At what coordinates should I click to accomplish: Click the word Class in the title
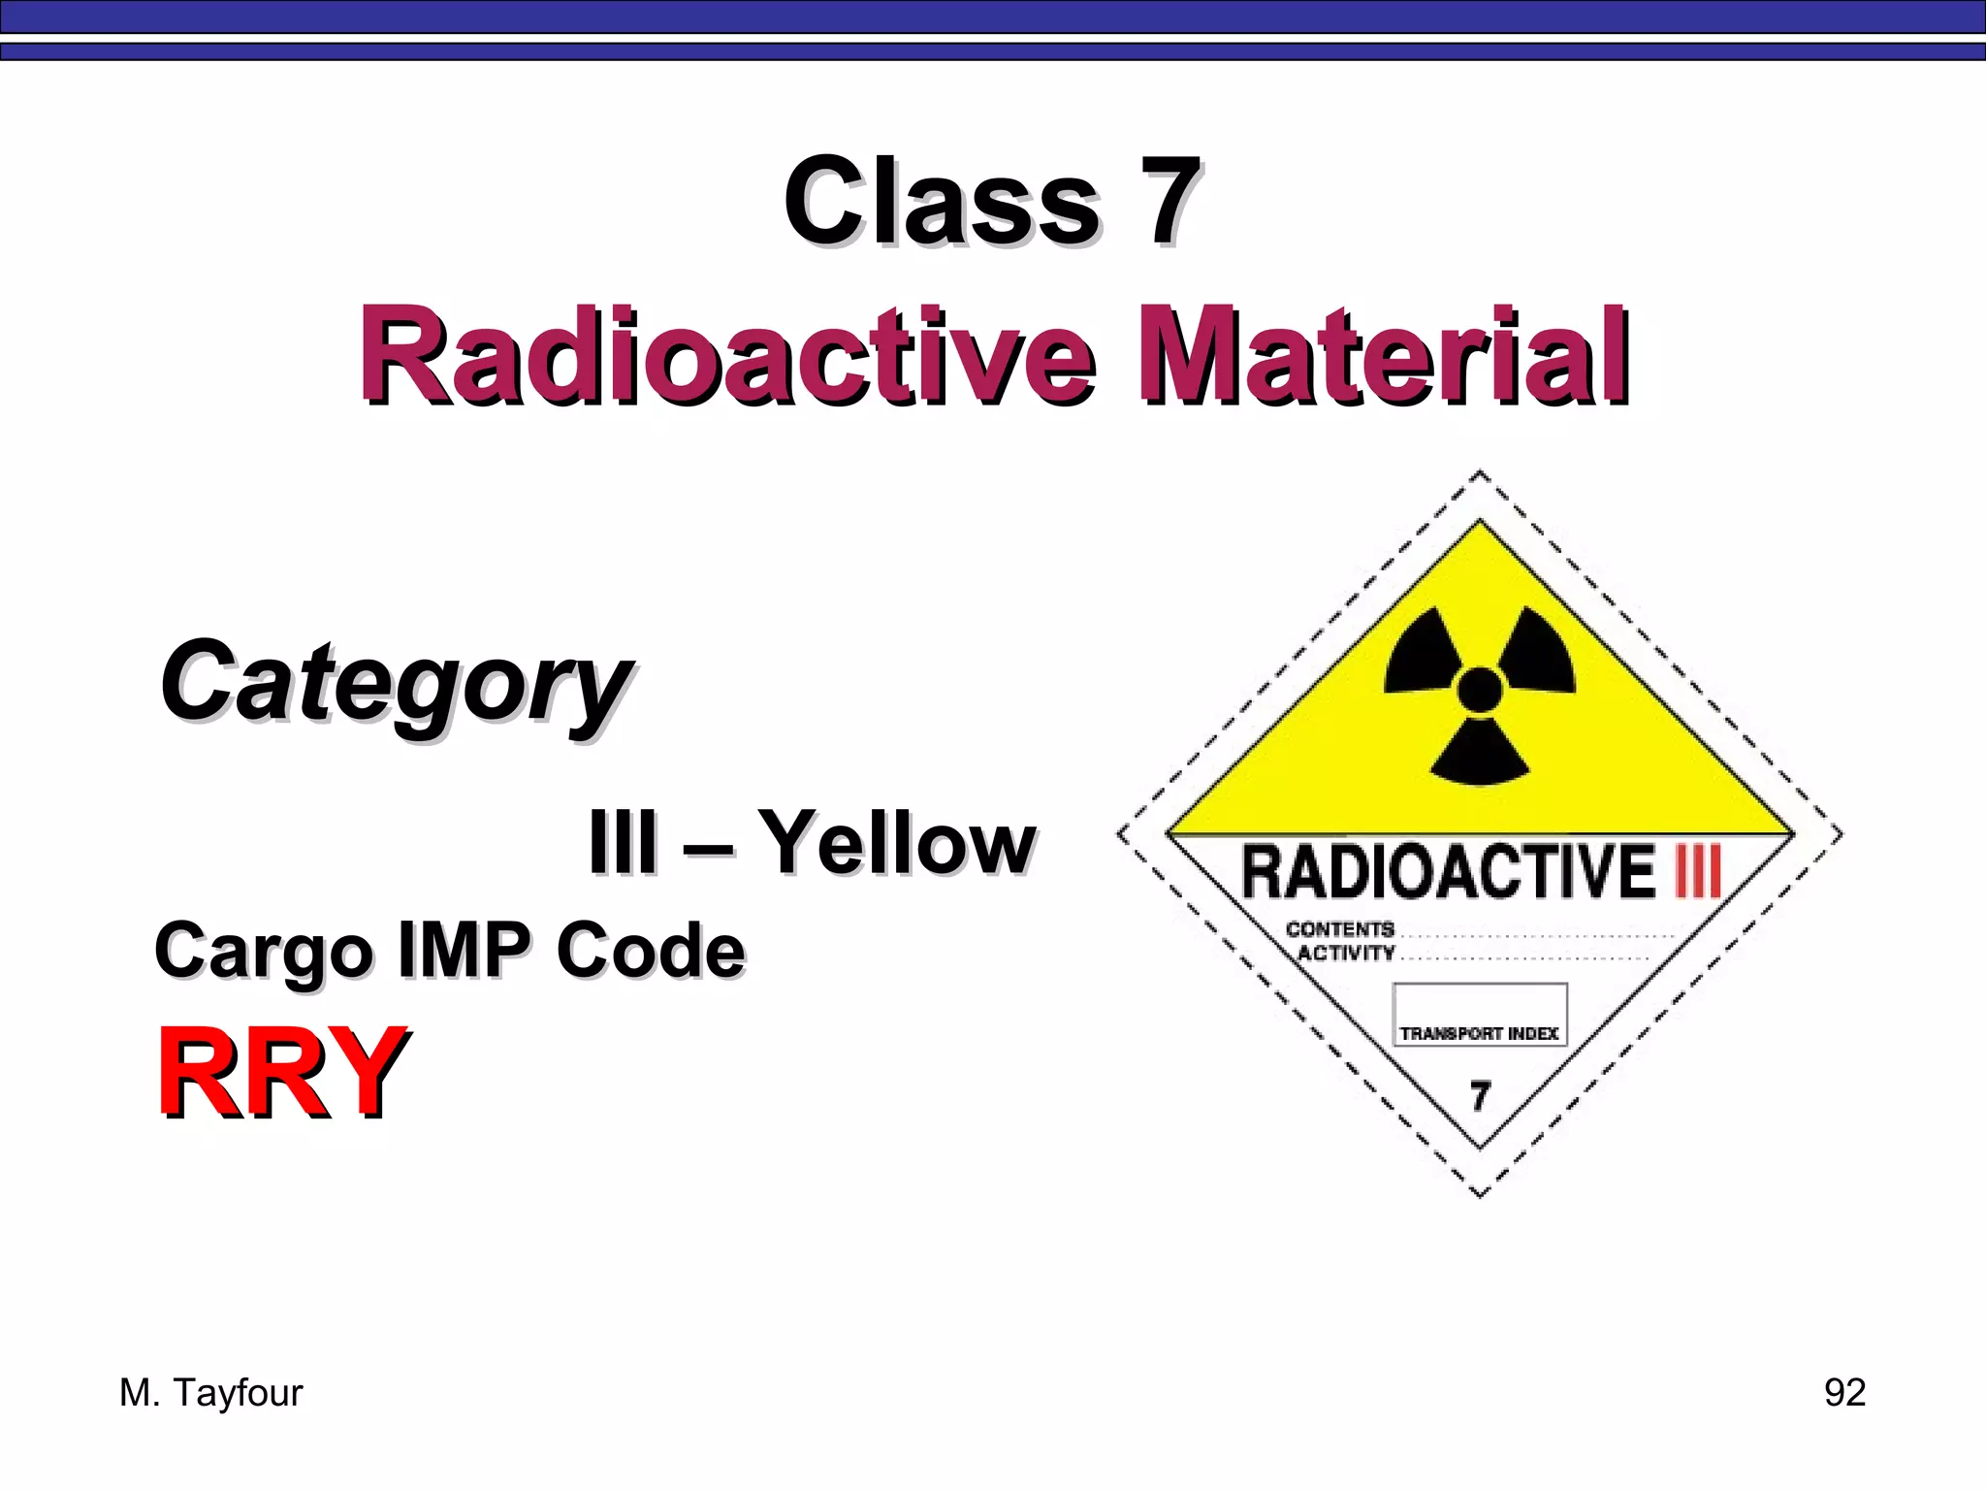941,202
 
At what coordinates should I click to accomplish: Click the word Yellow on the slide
896,842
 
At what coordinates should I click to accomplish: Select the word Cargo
263,952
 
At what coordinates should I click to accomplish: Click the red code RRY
281,1072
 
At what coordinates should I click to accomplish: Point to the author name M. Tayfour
210,1393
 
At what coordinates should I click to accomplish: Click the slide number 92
1844,1392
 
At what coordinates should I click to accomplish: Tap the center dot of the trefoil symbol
1480,691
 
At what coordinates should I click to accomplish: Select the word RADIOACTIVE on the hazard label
1448,872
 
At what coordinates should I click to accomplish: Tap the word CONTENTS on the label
1339,929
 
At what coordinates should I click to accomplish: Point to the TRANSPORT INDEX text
1479,1034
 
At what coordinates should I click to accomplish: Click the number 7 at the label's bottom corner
1480,1096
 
